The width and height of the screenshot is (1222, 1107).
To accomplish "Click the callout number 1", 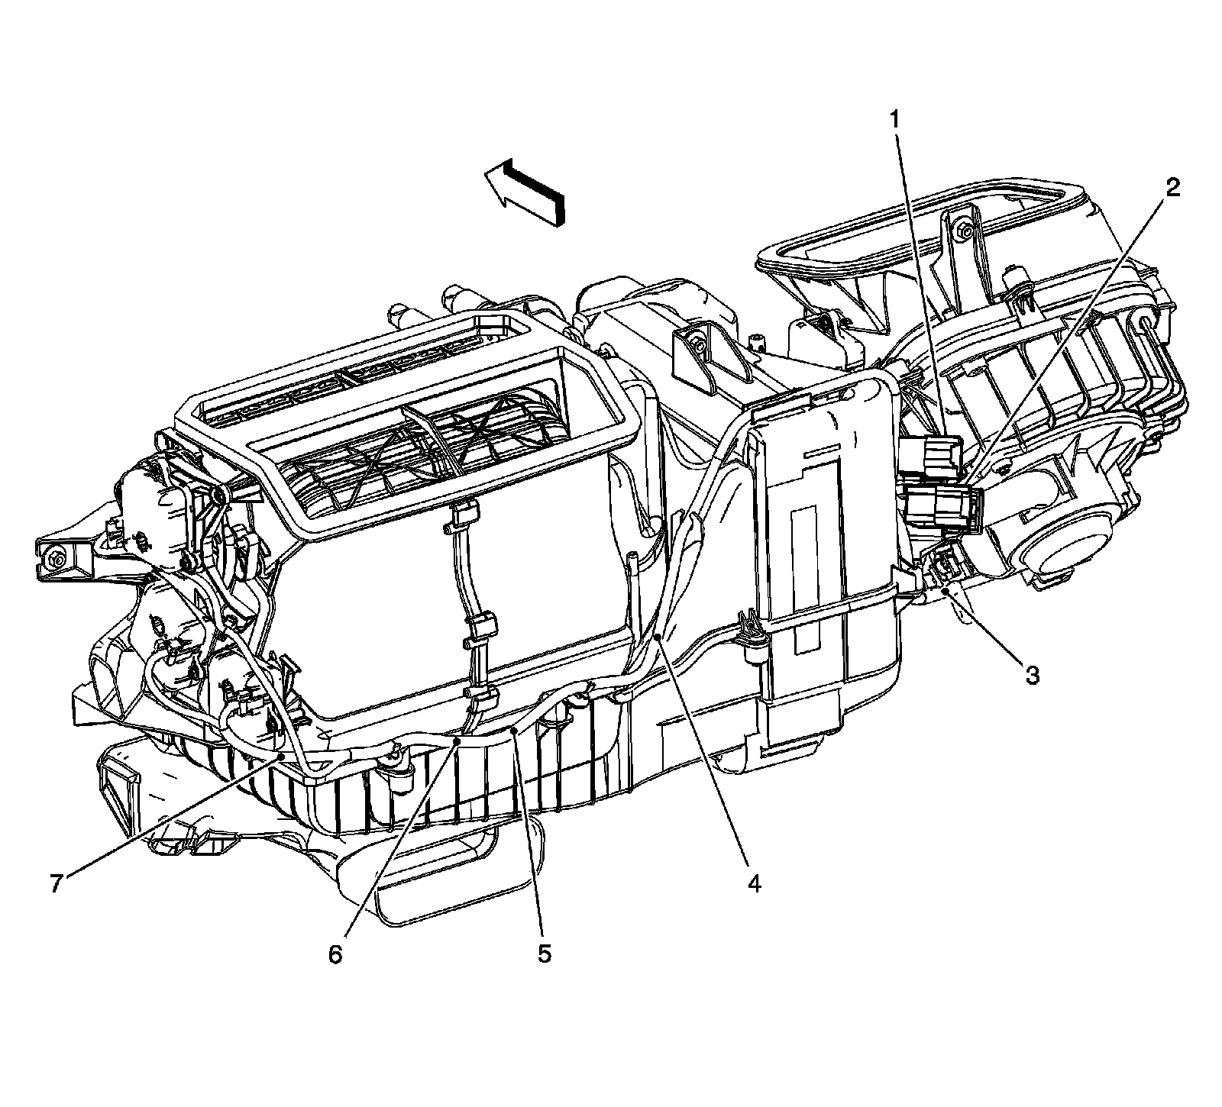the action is [893, 119].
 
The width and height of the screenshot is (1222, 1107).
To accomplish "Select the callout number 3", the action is [1032, 675].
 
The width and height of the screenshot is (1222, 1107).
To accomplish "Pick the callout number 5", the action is [544, 954].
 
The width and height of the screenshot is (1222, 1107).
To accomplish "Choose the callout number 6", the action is [336, 954].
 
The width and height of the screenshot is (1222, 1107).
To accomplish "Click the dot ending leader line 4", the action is [657, 637].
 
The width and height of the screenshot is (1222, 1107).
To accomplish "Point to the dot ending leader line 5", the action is [516, 731].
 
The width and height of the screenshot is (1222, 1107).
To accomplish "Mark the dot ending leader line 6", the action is [457, 739].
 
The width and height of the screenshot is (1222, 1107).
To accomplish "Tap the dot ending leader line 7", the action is [283, 756].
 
